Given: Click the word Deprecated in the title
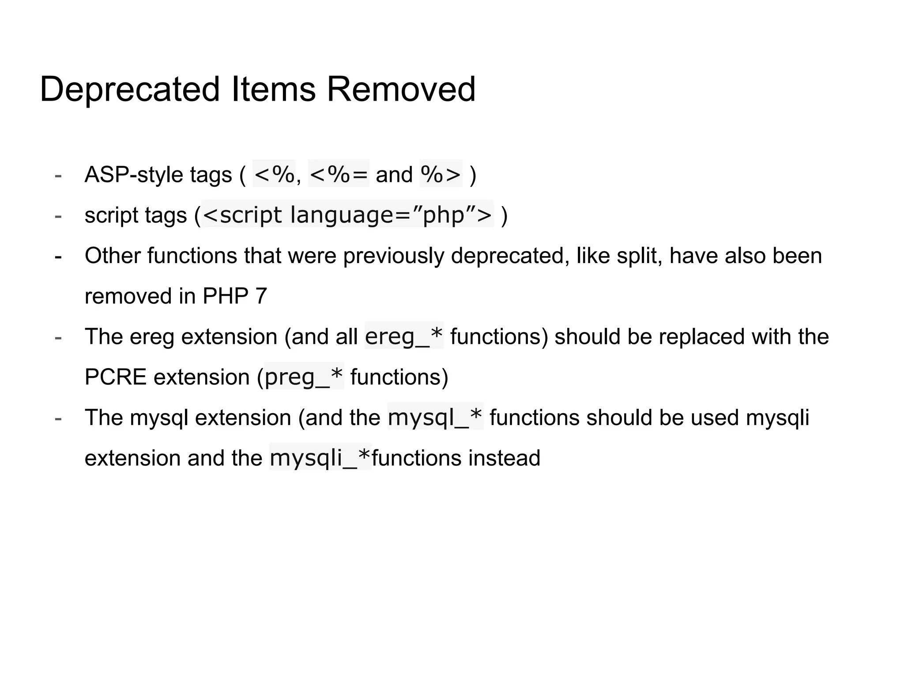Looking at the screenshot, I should point(129,90).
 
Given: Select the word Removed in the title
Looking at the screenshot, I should point(401,90).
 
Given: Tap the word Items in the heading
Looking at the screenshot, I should point(273,90).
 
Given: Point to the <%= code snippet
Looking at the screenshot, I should point(339,174).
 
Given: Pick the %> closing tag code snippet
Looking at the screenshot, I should point(441,174).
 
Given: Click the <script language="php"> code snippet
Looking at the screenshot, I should point(348,215).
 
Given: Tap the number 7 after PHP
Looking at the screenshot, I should point(261,296).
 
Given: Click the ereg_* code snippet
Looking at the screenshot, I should point(404,336).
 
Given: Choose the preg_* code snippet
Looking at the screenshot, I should point(304,377).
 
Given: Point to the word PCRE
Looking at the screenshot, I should point(115,377).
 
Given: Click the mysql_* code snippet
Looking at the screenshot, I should point(435,417).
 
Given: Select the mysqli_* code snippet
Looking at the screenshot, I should point(320,458).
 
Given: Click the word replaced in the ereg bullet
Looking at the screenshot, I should point(702,337).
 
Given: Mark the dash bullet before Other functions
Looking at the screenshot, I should point(58,256).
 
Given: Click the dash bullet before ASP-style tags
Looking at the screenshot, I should point(58,175).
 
